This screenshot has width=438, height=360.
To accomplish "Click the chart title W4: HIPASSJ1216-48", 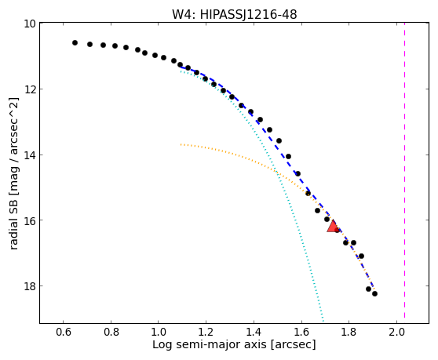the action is (x=234, y=14).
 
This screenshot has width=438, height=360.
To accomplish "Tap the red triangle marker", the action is (x=332, y=227).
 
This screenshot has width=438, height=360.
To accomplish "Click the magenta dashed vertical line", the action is (x=404, y=170).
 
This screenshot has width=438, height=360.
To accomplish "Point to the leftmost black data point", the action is (x=75, y=42).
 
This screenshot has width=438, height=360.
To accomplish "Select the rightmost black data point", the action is (x=374, y=293).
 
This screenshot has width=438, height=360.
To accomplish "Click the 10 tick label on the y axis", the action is (x=30, y=24).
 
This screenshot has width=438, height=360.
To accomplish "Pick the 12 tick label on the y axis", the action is (x=30, y=89).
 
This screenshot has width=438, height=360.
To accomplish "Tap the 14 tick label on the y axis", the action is (x=30, y=155).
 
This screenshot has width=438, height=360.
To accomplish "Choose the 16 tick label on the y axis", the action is (x=30, y=220).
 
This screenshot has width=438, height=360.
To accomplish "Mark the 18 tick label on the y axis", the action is (x=30, y=286).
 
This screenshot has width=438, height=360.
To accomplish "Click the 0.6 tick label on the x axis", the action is (x=63, y=332).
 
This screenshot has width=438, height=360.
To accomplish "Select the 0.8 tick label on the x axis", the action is (x=111, y=332).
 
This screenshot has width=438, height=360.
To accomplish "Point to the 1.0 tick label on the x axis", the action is (x=159, y=332).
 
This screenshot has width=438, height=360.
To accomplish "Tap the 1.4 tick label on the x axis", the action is (x=254, y=332).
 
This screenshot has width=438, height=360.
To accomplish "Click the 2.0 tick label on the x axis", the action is (x=396, y=332).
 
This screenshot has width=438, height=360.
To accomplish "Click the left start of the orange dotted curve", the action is (x=181, y=144).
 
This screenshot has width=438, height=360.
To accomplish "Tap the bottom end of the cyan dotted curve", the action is (x=323, y=320).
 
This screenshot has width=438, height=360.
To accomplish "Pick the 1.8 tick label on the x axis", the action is (x=349, y=332).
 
